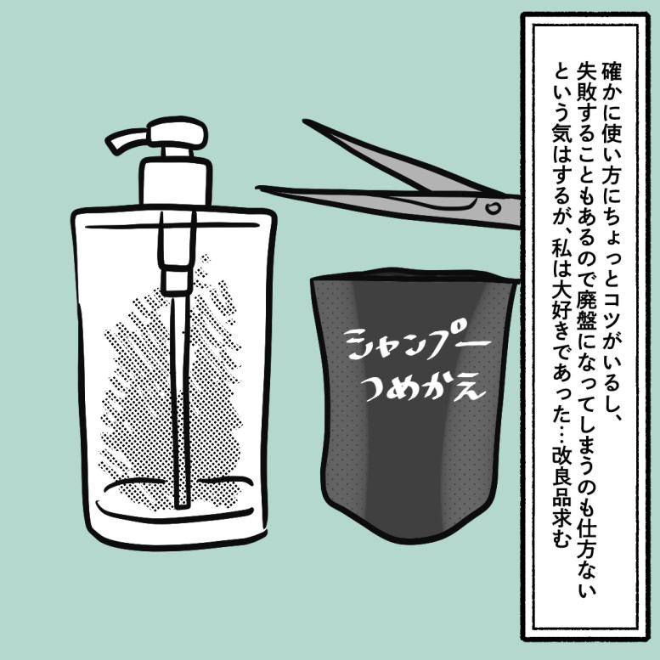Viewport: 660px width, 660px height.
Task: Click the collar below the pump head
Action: [175, 182]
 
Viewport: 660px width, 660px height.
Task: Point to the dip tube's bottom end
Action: [182, 505]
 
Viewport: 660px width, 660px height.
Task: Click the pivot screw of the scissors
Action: [492, 207]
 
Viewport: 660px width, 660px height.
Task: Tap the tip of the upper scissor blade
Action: [306, 121]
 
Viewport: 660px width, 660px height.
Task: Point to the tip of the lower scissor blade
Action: [258, 189]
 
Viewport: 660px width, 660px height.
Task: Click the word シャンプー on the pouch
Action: [417, 344]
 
